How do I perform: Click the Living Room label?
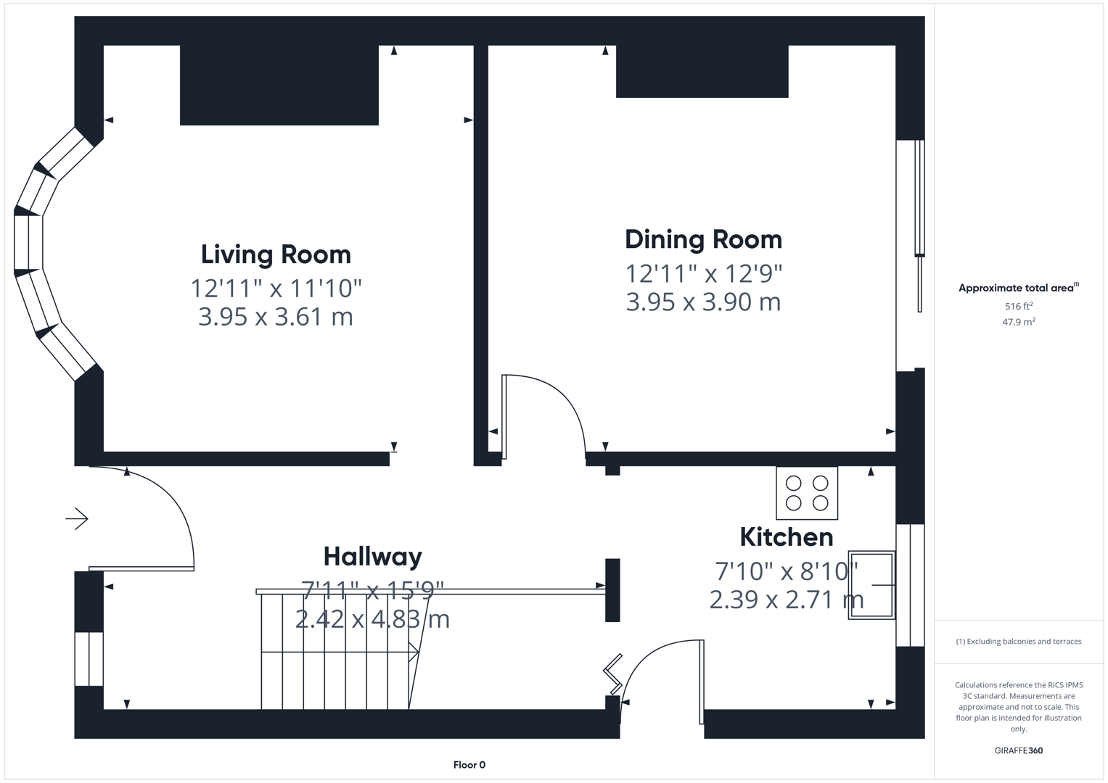click(x=276, y=254)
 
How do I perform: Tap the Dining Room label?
click(x=703, y=239)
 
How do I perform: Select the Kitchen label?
click(x=786, y=537)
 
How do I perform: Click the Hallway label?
click(x=372, y=557)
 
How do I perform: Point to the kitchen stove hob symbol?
click(x=807, y=493)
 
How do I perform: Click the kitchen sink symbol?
click(x=871, y=585)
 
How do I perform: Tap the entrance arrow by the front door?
click(x=77, y=519)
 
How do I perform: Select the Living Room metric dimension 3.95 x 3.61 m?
click(x=276, y=317)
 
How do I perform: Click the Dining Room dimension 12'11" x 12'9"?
click(x=704, y=273)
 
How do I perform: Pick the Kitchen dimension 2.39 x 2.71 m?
click(x=786, y=600)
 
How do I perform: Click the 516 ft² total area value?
click(x=1018, y=307)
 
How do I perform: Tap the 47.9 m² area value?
click(x=1018, y=322)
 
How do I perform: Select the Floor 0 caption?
click(x=469, y=765)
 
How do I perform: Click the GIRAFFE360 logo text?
click(x=1018, y=750)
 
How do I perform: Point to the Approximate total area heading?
click(x=1018, y=288)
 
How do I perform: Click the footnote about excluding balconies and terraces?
click(x=1018, y=642)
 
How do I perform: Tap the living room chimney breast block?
click(x=279, y=85)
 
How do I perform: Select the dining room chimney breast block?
click(x=702, y=71)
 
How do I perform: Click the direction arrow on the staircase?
click(x=414, y=652)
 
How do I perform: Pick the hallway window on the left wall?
click(x=89, y=658)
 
